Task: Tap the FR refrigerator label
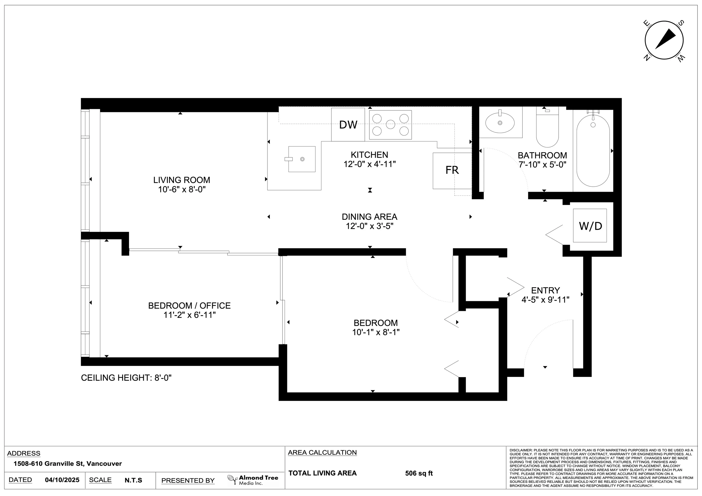452,170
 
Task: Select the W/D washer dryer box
590,226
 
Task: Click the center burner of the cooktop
390,124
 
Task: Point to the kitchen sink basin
302,159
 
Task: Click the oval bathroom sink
500,123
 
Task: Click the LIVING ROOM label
182,180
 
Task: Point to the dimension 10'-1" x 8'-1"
376,332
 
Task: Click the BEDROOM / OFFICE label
189,306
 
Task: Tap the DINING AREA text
369,217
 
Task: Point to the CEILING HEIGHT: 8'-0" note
126,378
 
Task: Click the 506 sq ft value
419,473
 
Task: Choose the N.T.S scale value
133,480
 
